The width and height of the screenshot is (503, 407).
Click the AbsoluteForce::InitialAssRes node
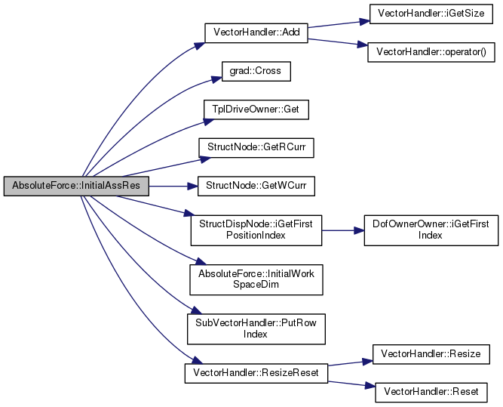click(x=76, y=186)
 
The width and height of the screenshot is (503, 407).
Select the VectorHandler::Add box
click(x=256, y=32)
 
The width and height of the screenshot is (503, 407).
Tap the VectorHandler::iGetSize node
click(x=431, y=14)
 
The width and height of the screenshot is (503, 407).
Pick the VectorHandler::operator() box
click(x=431, y=52)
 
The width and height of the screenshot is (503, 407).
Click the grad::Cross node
click(x=256, y=71)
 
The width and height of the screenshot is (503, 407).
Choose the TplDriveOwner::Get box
click(x=256, y=109)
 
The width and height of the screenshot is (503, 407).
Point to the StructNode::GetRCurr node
click(x=256, y=148)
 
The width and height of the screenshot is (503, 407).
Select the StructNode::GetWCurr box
click(x=256, y=186)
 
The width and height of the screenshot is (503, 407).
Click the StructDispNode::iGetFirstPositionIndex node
click(x=256, y=230)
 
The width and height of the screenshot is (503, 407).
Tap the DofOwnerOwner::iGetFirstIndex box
click(x=431, y=230)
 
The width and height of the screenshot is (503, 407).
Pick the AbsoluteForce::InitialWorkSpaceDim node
click(x=256, y=280)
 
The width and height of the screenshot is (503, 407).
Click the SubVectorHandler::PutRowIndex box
click(x=256, y=329)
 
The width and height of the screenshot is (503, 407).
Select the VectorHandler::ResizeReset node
click(x=256, y=373)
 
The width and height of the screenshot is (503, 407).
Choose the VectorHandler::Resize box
click(x=431, y=354)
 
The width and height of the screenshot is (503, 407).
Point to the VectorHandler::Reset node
click(x=431, y=392)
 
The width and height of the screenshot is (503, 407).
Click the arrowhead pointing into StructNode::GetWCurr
click(x=192, y=186)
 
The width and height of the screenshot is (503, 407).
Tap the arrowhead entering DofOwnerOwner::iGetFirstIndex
click(x=359, y=230)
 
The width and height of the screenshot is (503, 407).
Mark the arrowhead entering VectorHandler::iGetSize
click(x=364, y=22)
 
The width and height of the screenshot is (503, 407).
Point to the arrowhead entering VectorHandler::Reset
click(x=370, y=385)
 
